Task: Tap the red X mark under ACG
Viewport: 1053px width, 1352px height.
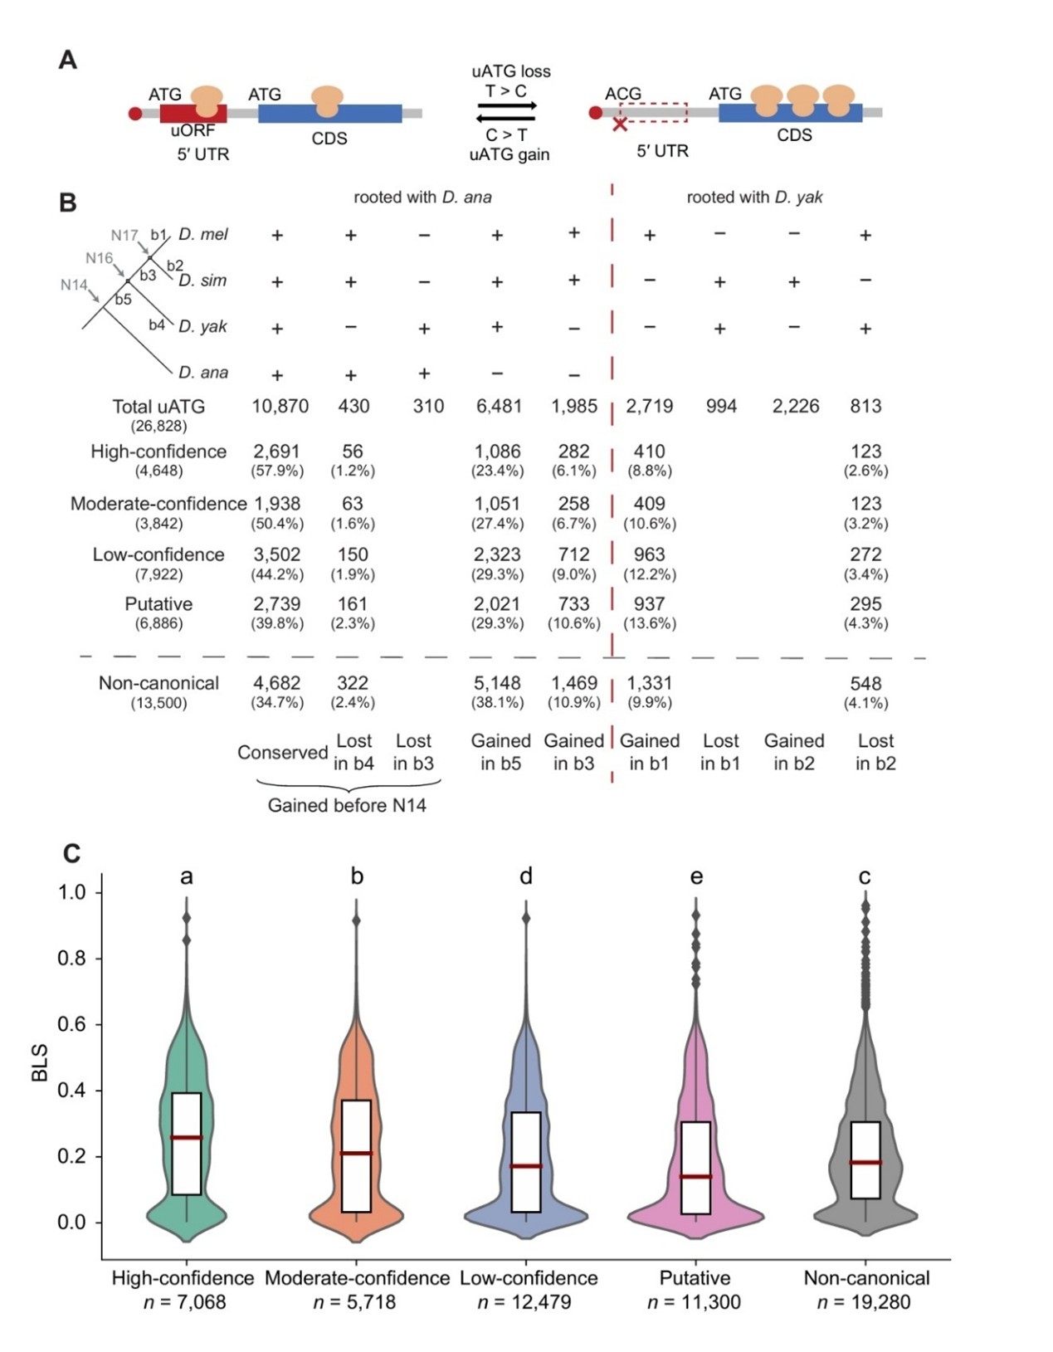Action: pyautogui.click(x=619, y=124)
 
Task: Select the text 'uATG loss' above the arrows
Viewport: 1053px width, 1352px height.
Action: pyautogui.click(x=510, y=71)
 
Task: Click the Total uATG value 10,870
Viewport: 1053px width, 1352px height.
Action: pyautogui.click(x=280, y=407)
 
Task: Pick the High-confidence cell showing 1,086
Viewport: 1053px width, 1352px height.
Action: pyautogui.click(x=497, y=451)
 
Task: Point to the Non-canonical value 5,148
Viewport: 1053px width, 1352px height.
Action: pyautogui.click(x=497, y=683)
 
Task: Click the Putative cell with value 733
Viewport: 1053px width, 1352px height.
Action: pyautogui.click(x=573, y=604)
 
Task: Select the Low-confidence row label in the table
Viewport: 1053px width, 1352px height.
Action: pyautogui.click(x=158, y=554)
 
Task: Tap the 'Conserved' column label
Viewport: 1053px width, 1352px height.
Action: pyautogui.click(x=282, y=753)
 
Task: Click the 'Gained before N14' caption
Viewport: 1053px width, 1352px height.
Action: pyautogui.click(x=347, y=806)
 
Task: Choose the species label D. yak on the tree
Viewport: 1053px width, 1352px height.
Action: pyautogui.click(x=202, y=326)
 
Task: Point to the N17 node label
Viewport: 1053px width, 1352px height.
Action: pyautogui.click(x=124, y=236)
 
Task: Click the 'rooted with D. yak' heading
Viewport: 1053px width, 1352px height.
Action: pyautogui.click(x=754, y=198)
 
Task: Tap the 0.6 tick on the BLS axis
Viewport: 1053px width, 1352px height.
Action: pyautogui.click(x=71, y=1024)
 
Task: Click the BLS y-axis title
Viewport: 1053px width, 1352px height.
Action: pyautogui.click(x=39, y=1063)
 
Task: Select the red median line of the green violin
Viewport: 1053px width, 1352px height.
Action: pyautogui.click(x=187, y=1137)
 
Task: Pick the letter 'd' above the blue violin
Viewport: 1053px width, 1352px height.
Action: pyautogui.click(x=526, y=876)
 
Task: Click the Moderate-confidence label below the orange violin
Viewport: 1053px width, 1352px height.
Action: pyautogui.click(x=357, y=1278)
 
